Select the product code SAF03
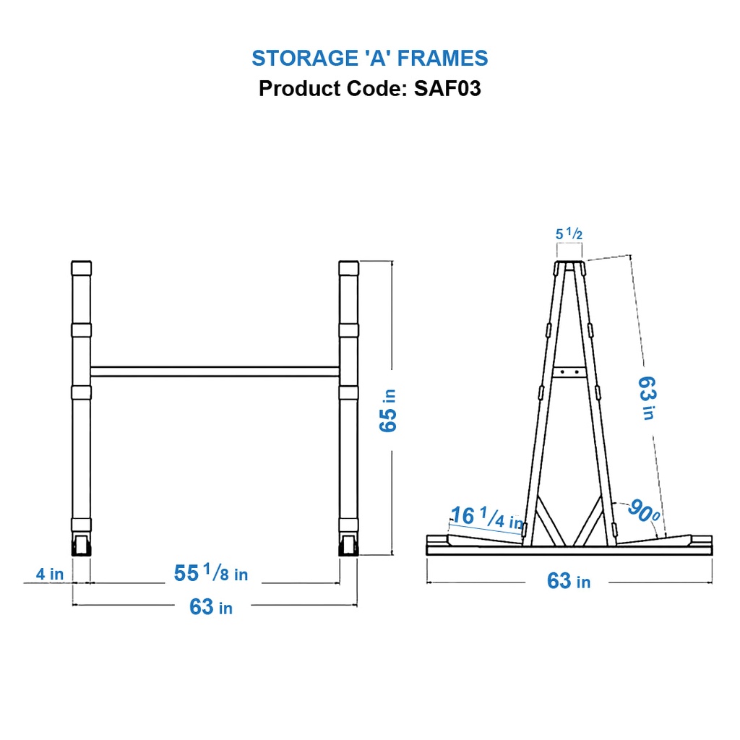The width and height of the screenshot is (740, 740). [447, 89]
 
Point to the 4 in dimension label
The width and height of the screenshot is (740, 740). [51, 575]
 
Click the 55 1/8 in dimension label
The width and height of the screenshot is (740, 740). [211, 574]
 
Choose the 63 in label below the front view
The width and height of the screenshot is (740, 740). [211, 607]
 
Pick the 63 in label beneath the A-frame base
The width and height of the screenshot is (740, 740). [569, 581]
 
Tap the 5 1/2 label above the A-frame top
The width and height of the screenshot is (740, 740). [569, 233]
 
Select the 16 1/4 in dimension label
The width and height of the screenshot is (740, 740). [486, 517]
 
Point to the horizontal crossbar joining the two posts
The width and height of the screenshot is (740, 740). [215, 371]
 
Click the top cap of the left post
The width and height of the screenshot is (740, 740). [82, 268]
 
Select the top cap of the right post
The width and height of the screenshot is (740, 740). [348, 268]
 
